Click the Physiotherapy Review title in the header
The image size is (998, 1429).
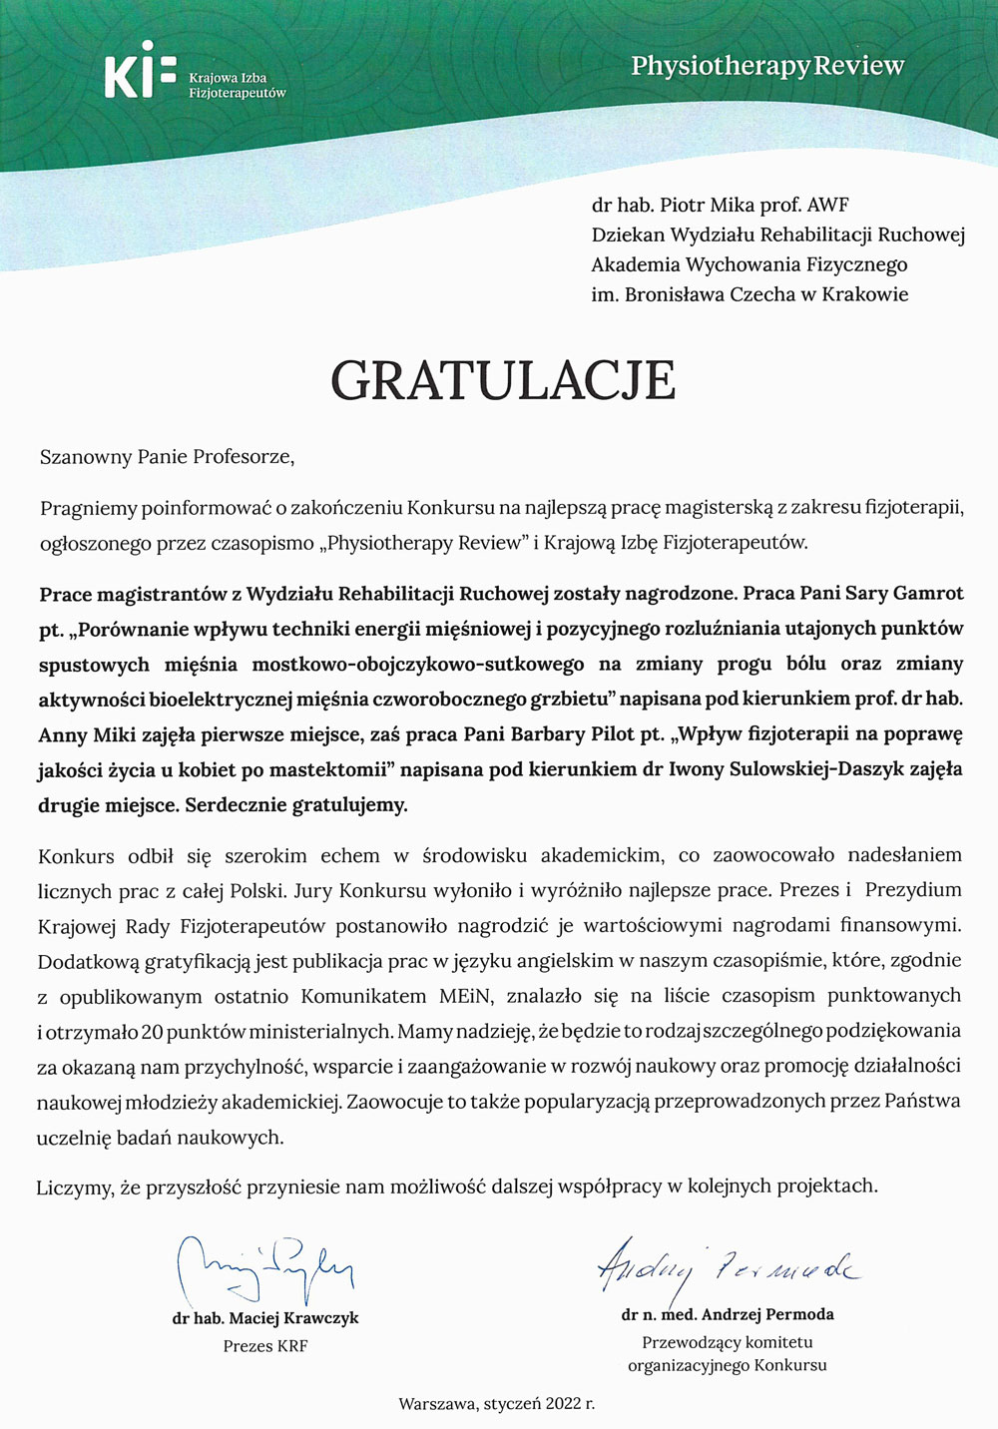(x=767, y=66)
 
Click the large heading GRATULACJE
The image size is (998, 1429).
(x=503, y=379)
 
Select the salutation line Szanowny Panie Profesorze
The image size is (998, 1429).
(x=168, y=457)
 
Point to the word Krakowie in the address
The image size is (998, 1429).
(x=865, y=294)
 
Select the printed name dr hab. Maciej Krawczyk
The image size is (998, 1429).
(x=265, y=1318)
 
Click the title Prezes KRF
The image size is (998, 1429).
(x=265, y=1346)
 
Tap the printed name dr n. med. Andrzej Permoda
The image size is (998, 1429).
(x=728, y=1314)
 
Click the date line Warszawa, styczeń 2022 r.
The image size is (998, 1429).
(x=497, y=1404)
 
